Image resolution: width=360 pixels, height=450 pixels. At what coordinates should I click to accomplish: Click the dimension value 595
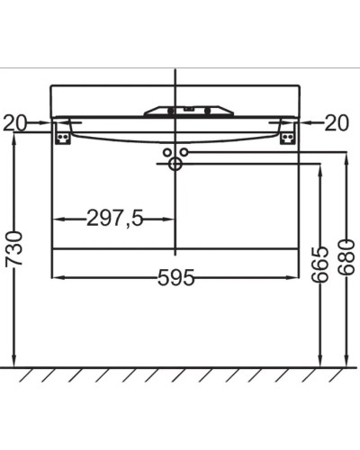coord(176,278)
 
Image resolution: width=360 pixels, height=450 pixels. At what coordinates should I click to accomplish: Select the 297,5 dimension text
coord(114,219)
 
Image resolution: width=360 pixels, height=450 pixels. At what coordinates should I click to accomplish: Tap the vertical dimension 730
coord(13,247)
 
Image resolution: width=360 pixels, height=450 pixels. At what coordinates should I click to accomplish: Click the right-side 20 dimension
coord(336,122)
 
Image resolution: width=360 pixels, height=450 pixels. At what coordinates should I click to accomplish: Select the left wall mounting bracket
coord(62,134)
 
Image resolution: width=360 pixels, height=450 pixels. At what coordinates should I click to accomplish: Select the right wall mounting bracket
coord(288,134)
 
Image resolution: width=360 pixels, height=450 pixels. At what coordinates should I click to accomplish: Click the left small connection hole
coord(166,153)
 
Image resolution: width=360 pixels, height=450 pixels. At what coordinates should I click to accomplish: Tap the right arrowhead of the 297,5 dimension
coord(170,219)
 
